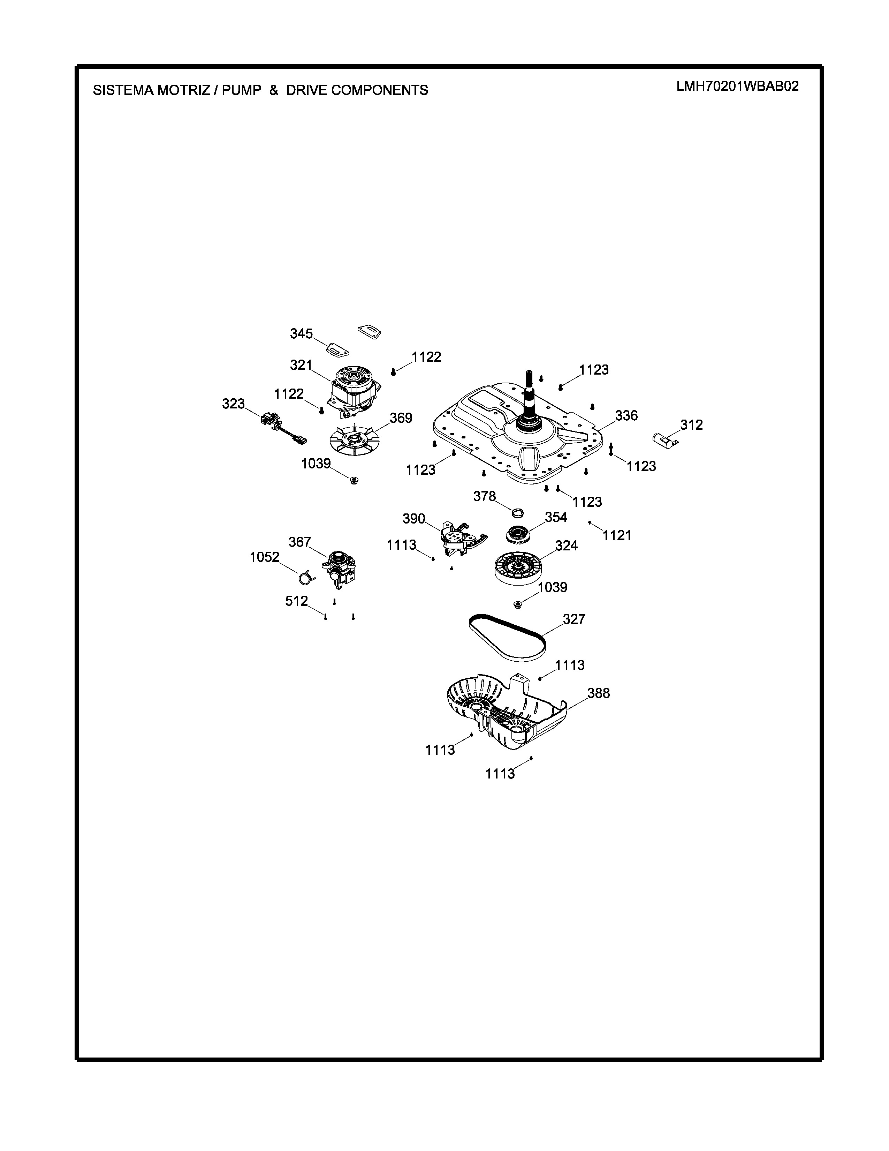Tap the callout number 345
(x=301, y=333)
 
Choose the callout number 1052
(x=264, y=557)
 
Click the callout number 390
(x=413, y=519)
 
